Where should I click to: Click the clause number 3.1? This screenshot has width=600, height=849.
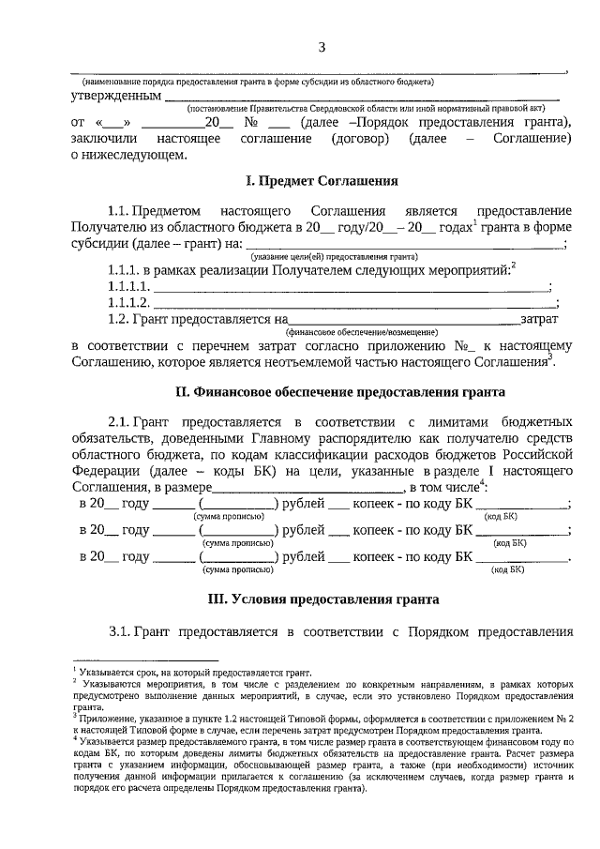[120, 629]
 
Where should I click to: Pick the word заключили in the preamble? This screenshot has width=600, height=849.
[103, 138]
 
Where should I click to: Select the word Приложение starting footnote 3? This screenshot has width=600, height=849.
[105, 716]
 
